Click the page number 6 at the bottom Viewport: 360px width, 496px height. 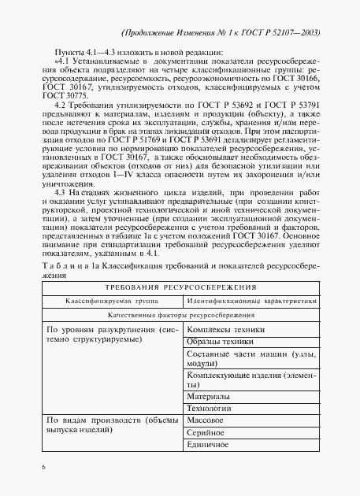44,469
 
